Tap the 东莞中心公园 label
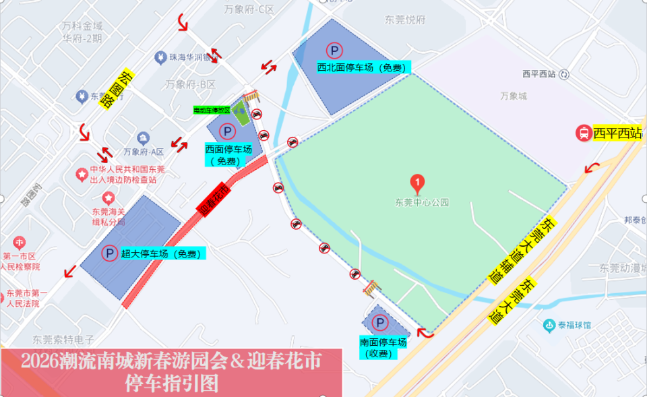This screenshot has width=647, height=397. [422, 202]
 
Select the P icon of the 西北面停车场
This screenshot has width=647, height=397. [334, 50]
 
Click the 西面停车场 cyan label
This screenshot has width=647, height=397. [228, 155]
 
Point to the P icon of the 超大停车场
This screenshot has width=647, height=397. [109, 253]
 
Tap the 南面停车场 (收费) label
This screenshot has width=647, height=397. [383, 348]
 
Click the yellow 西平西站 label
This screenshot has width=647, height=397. [617, 133]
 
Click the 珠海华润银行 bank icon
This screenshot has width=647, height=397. [160, 57]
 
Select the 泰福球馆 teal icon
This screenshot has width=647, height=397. [550, 325]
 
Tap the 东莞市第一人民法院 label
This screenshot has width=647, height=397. [26, 299]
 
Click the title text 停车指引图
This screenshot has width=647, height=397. [172, 384]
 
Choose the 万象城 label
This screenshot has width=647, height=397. [514, 96]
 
